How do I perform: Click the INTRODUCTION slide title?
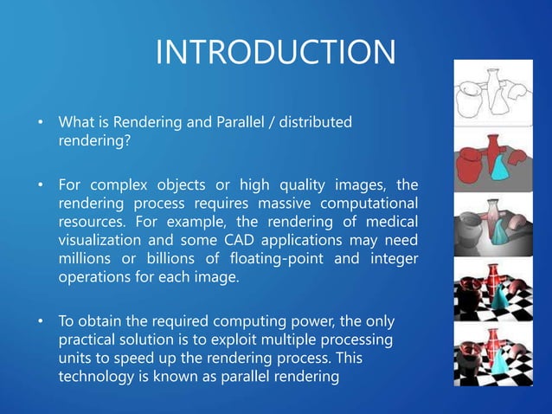click(x=275, y=53)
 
